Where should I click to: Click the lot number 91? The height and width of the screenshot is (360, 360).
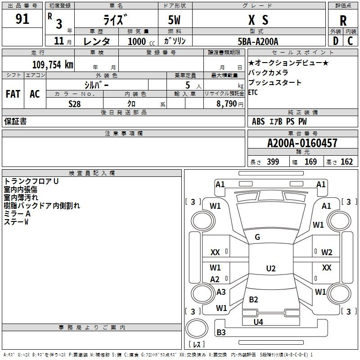coord(22,20)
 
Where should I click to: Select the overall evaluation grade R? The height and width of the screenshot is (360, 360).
coord(343,20)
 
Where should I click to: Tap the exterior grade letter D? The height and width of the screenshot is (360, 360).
coord(335,41)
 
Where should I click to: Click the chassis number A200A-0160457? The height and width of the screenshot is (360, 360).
coord(302,144)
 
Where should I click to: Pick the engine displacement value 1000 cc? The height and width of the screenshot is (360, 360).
coord(138,41)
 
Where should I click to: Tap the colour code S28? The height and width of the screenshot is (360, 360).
coord(75,104)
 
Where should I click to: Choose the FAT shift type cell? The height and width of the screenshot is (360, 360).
coord(13,94)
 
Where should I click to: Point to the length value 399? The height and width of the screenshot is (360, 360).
coord(273,162)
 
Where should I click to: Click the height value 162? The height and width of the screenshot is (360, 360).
coord(346,162)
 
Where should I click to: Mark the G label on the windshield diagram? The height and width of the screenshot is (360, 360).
coord(257,237)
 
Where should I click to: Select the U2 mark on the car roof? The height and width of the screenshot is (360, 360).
coord(270,269)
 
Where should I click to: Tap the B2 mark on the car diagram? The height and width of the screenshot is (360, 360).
coord(253,300)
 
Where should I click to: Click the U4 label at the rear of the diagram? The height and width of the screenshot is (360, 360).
coord(258,322)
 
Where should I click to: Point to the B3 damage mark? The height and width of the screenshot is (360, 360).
coord(221,333)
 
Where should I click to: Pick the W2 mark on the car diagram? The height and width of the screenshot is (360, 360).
coord(327,252)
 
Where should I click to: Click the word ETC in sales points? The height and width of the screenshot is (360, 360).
coord(254,93)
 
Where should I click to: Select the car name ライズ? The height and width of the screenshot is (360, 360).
coord(116,20)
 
